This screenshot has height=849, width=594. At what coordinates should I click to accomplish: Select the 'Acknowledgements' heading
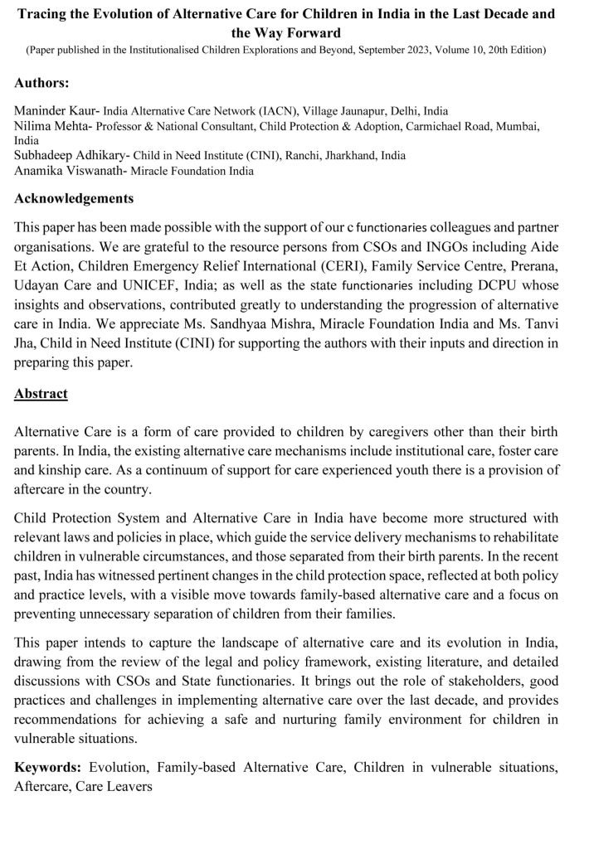point(74,199)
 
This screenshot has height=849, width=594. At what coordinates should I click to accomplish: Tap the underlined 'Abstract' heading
point(41,394)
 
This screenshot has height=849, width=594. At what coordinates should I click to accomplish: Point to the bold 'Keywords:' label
point(48,767)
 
